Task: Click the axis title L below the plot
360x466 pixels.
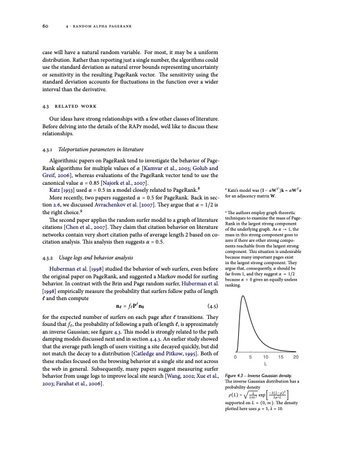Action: (x=265, y=365)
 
